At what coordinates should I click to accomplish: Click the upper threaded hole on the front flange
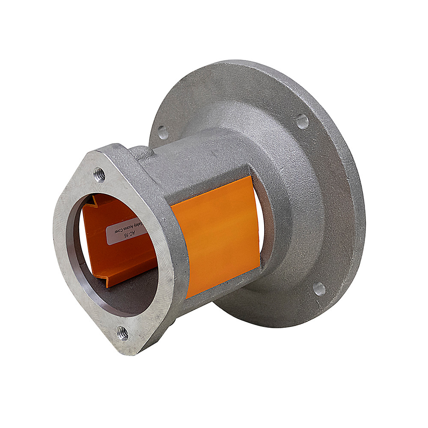tap(100, 175)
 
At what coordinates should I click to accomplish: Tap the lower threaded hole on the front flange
tap(123, 332)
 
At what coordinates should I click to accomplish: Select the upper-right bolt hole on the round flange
tap(302, 121)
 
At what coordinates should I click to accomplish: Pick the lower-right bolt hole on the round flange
tap(319, 289)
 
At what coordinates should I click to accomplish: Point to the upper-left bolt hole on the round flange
tap(163, 132)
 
